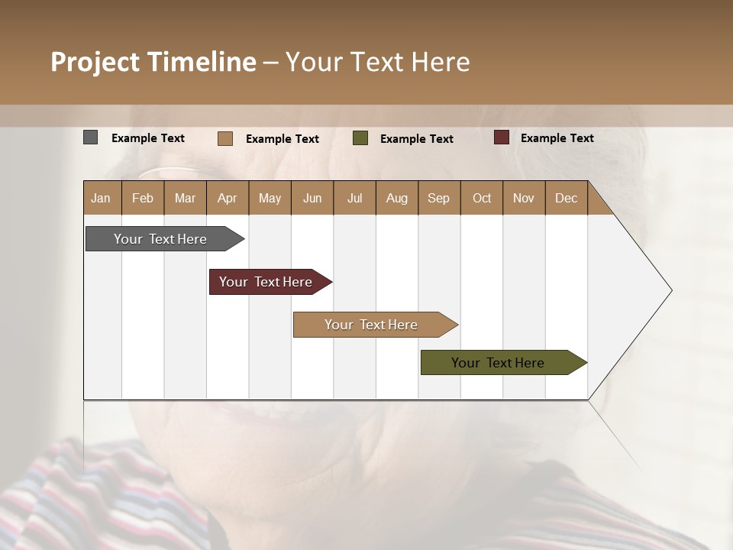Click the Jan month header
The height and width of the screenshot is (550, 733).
click(101, 198)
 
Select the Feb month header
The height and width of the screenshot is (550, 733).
click(143, 198)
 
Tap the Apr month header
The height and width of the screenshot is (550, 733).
click(227, 198)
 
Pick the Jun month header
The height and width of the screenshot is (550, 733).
click(312, 198)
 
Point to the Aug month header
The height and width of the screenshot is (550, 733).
click(396, 198)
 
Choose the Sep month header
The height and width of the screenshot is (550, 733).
click(438, 198)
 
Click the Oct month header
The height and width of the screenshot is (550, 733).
click(482, 198)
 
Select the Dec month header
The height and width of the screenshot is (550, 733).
click(566, 198)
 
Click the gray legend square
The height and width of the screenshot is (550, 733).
click(90, 137)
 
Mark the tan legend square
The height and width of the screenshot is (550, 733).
click(224, 138)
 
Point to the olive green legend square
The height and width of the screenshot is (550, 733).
click(360, 138)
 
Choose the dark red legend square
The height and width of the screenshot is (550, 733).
click(501, 137)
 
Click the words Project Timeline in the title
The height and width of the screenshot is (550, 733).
click(153, 62)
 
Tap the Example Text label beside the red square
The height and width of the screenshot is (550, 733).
click(557, 138)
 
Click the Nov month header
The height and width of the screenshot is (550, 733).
click(523, 198)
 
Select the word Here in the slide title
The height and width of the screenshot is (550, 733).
click(441, 62)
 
